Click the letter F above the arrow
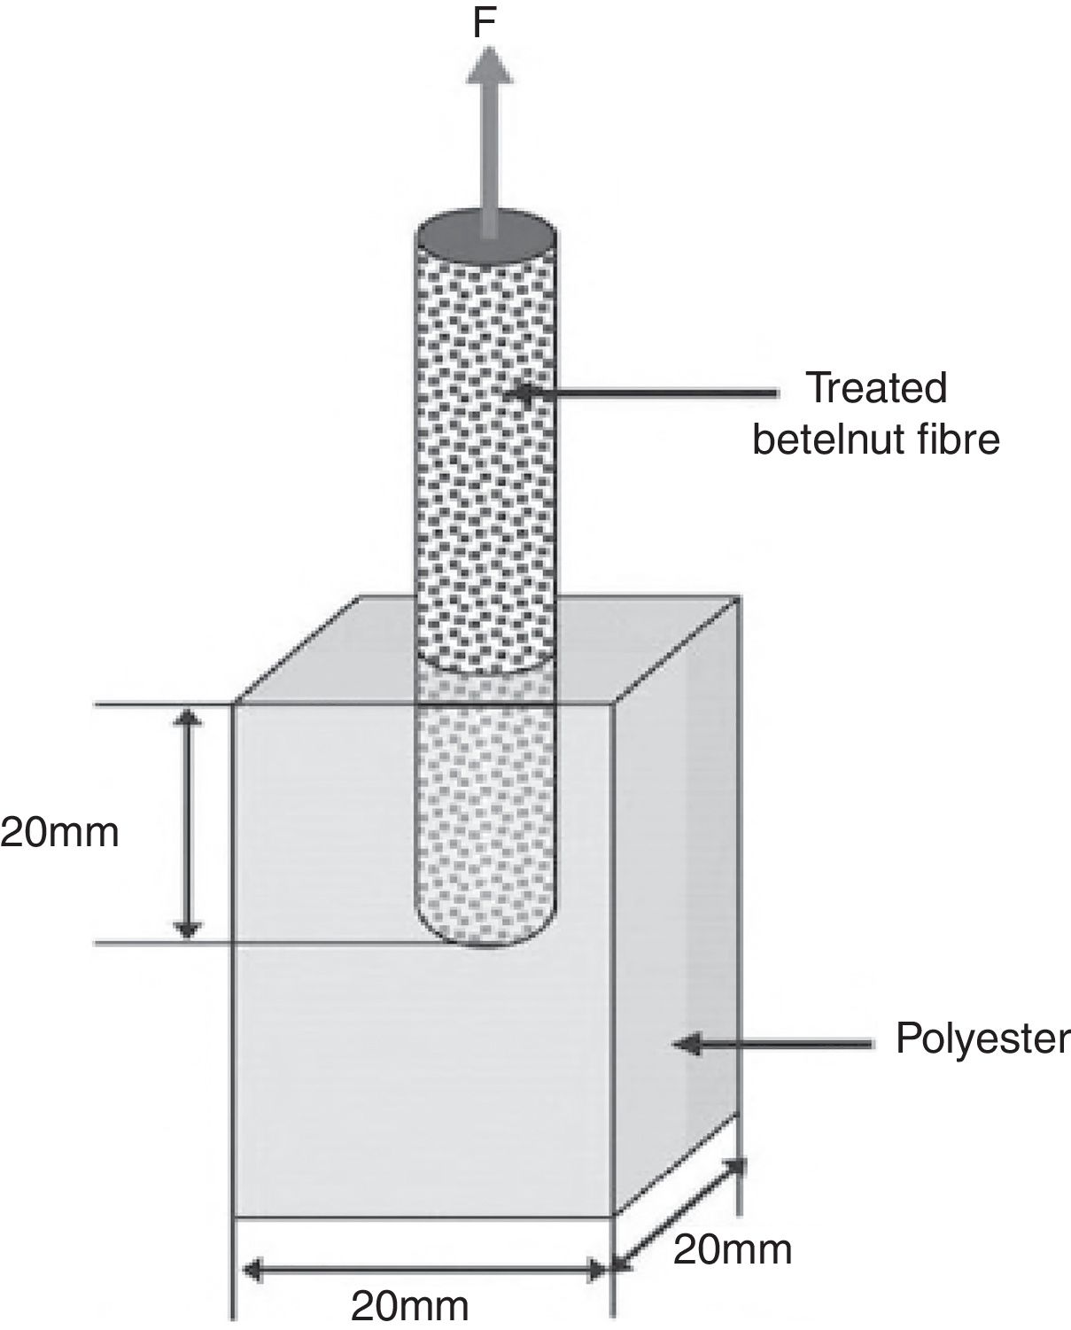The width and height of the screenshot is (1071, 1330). tap(484, 24)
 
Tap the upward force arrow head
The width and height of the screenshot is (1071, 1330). tap(488, 66)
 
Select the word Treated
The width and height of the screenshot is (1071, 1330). tap(875, 388)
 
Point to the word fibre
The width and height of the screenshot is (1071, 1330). tap(961, 439)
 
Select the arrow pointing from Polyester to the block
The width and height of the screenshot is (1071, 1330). tap(771, 1045)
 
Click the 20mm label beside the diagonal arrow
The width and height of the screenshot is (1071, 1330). tap(732, 1249)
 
